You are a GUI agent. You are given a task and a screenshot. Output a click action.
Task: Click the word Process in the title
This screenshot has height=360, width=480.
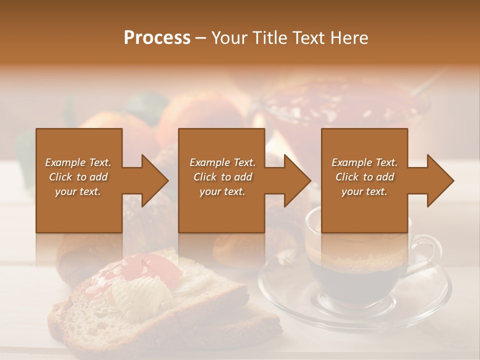point(157,38)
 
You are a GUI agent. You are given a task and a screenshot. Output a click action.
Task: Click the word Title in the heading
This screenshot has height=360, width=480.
point(268,38)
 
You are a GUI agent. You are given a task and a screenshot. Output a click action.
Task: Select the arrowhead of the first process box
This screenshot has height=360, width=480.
point(154,181)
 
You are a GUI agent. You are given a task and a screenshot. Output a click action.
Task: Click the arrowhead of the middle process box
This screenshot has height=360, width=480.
point(297,181)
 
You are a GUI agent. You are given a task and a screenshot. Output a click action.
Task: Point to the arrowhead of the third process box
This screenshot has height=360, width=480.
point(440,181)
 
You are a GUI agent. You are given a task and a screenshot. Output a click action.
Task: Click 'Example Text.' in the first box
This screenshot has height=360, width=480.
point(78,162)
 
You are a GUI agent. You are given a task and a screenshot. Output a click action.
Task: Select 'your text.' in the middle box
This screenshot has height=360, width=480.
point(222,191)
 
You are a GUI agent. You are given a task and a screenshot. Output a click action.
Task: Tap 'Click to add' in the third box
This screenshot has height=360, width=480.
point(364,177)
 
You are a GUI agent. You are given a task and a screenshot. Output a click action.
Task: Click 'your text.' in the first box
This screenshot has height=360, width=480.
point(78,191)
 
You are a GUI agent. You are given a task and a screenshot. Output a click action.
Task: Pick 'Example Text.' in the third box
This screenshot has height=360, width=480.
point(364,162)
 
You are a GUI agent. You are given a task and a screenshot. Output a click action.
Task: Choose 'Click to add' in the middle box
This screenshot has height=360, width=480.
point(222,177)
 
